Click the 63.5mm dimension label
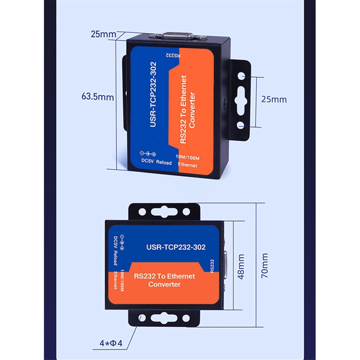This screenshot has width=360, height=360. coord(97,97)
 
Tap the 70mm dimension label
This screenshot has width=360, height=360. coord(264,265)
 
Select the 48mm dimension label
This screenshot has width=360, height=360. coord(241,266)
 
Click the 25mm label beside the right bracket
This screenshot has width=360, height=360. coord(274,99)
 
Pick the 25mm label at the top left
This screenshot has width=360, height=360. coord(103,34)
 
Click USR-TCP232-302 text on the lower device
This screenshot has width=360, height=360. coord(176,247)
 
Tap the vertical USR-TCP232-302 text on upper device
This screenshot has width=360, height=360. coord(153,94)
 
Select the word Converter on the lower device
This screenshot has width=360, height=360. coord(164,284)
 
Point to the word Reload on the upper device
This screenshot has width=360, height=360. coord(164,163)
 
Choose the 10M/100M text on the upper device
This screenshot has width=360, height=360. coord(187,158)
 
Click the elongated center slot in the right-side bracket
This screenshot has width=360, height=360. coord(241,100)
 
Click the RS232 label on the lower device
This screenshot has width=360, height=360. coord(212,266)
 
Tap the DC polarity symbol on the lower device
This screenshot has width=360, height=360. coord(122,242)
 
